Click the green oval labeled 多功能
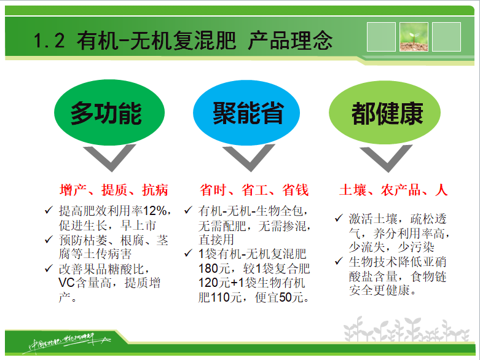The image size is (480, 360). [106, 114]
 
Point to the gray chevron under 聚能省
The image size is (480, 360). [249, 159]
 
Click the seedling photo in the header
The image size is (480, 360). [414, 37]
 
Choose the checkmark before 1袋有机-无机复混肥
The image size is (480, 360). [189, 254]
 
